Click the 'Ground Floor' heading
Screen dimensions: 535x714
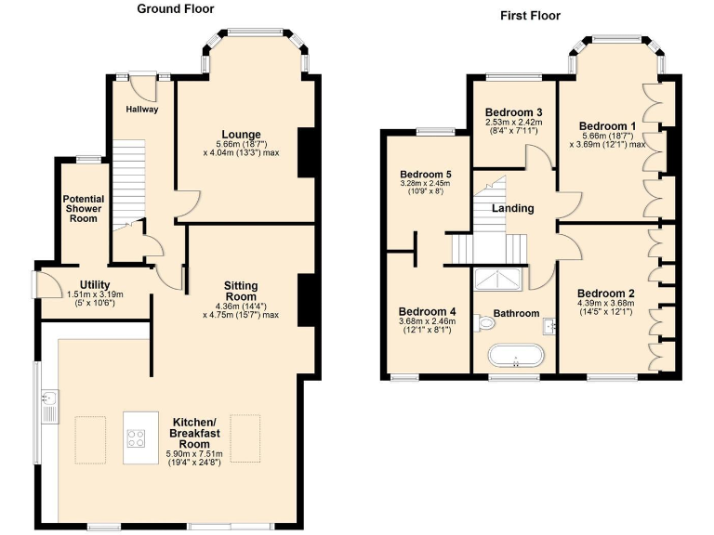pyautogui.click(x=175, y=9)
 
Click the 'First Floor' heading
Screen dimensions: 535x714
pyautogui.click(x=530, y=15)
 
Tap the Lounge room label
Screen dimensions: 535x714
pyautogui.click(x=241, y=134)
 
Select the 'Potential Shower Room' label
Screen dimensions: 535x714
pyautogui.click(x=83, y=208)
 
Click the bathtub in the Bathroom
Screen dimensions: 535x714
pyautogui.click(x=514, y=356)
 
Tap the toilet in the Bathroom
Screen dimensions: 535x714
pyautogui.click(x=484, y=322)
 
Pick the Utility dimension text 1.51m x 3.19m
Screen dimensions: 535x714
pyautogui.click(x=95, y=295)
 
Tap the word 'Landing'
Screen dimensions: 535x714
pyautogui.click(x=512, y=208)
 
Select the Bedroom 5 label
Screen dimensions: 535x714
pyautogui.click(x=425, y=174)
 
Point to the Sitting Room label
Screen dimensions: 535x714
pyautogui.click(x=241, y=291)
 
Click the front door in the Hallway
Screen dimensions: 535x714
pyautogui.click(x=141, y=86)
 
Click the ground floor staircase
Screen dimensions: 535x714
pyautogui.click(x=129, y=186)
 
